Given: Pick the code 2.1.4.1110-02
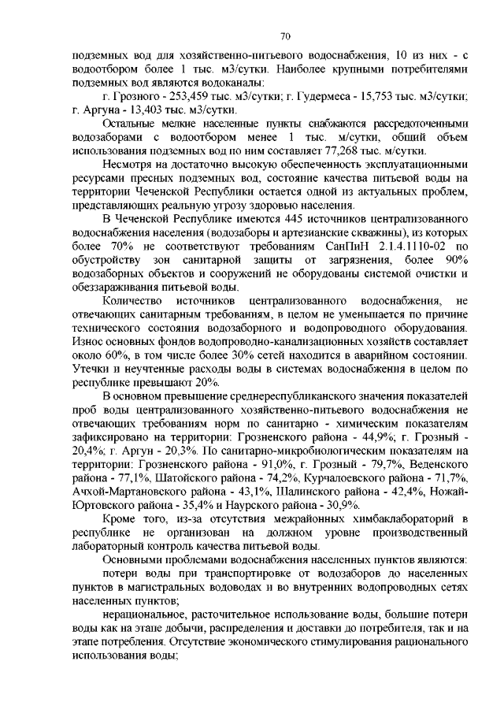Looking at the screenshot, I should [407, 246].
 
